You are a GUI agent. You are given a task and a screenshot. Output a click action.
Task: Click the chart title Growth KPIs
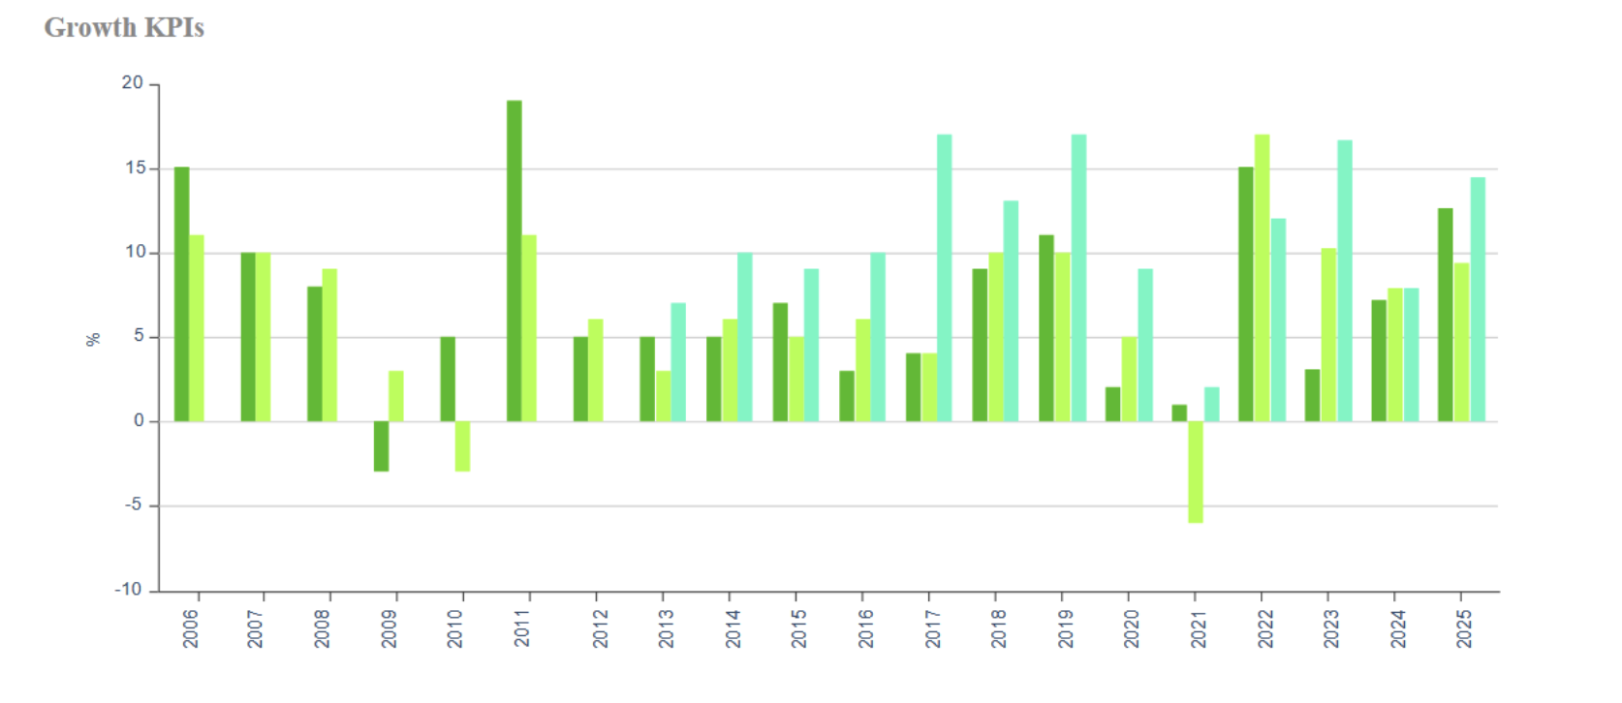(124, 28)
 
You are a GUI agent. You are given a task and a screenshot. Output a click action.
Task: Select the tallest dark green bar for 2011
(514, 261)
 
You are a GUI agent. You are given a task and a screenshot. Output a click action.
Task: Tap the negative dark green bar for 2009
(381, 446)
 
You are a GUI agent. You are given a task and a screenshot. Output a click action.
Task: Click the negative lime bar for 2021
(1195, 472)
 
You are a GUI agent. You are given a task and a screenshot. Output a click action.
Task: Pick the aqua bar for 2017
(944, 278)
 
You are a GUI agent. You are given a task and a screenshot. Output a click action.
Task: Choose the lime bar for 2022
(1262, 278)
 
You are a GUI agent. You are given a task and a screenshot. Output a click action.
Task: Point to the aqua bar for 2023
(1344, 281)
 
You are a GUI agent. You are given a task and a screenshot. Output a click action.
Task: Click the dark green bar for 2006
(181, 294)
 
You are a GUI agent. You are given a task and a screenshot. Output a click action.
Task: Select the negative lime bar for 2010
(462, 446)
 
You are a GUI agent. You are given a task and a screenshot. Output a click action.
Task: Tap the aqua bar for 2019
(1078, 278)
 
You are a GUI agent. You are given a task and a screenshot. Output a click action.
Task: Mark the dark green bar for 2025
(1445, 315)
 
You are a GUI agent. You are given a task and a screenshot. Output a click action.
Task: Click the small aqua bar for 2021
(1211, 405)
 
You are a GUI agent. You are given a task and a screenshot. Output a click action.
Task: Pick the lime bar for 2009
(396, 396)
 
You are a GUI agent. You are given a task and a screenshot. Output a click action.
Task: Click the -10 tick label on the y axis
(128, 590)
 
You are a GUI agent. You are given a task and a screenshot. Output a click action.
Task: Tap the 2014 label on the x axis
(733, 628)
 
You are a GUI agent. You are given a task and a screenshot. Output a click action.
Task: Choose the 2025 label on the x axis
(1464, 628)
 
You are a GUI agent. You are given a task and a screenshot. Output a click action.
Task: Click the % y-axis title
(93, 339)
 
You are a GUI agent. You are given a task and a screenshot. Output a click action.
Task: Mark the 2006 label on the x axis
(191, 628)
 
